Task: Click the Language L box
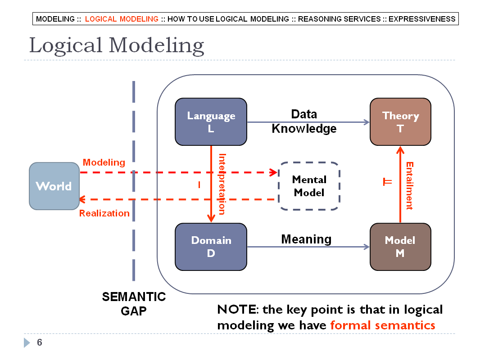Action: coord(211,122)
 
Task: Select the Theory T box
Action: coord(400,122)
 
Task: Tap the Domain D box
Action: coord(211,247)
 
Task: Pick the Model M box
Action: coord(400,247)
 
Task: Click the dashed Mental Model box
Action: coord(309,186)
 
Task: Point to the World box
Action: coord(54,186)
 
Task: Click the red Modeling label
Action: coord(104,162)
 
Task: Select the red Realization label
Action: coord(104,213)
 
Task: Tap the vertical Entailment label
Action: coord(410,186)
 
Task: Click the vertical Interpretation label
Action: coord(222,184)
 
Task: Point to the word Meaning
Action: coord(307,239)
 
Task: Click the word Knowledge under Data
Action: coord(304,129)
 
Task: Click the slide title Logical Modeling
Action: coord(117,45)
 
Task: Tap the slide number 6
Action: coord(40,342)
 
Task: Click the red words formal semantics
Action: coord(383,325)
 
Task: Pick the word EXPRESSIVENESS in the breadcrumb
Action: coord(422,19)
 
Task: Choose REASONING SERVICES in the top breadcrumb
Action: coord(339,19)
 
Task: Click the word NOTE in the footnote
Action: coord(236,310)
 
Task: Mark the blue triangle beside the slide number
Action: coord(27,342)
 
